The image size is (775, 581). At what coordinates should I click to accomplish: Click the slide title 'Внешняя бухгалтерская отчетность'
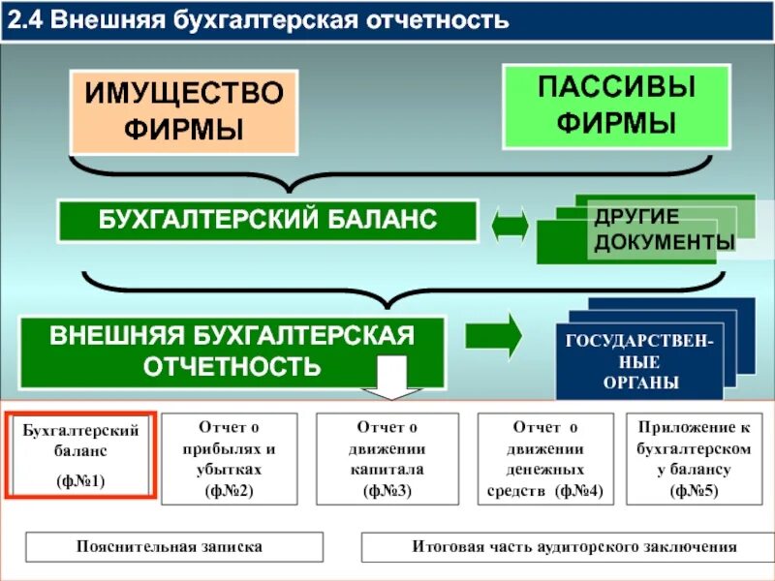[281, 20]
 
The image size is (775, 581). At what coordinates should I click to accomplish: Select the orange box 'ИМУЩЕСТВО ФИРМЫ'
[183, 110]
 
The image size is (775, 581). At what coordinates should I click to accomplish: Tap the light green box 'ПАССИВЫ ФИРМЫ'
[616, 106]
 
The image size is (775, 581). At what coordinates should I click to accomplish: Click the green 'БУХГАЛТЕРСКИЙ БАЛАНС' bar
[267, 221]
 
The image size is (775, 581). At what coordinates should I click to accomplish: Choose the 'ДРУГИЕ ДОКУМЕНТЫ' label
[663, 229]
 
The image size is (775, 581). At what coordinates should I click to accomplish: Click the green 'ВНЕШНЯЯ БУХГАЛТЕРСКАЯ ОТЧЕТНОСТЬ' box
[232, 352]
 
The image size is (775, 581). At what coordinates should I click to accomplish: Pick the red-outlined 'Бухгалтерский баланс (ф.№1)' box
[80, 454]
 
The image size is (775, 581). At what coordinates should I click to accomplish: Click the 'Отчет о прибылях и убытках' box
[229, 458]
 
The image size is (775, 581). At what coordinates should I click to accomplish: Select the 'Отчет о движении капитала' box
[387, 458]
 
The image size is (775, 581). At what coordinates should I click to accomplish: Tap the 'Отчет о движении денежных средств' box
[545, 458]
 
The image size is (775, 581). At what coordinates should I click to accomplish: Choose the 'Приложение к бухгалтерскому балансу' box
[696, 458]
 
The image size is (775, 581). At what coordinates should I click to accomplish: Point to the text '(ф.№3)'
[387, 491]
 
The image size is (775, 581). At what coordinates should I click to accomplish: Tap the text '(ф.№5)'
[696, 491]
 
